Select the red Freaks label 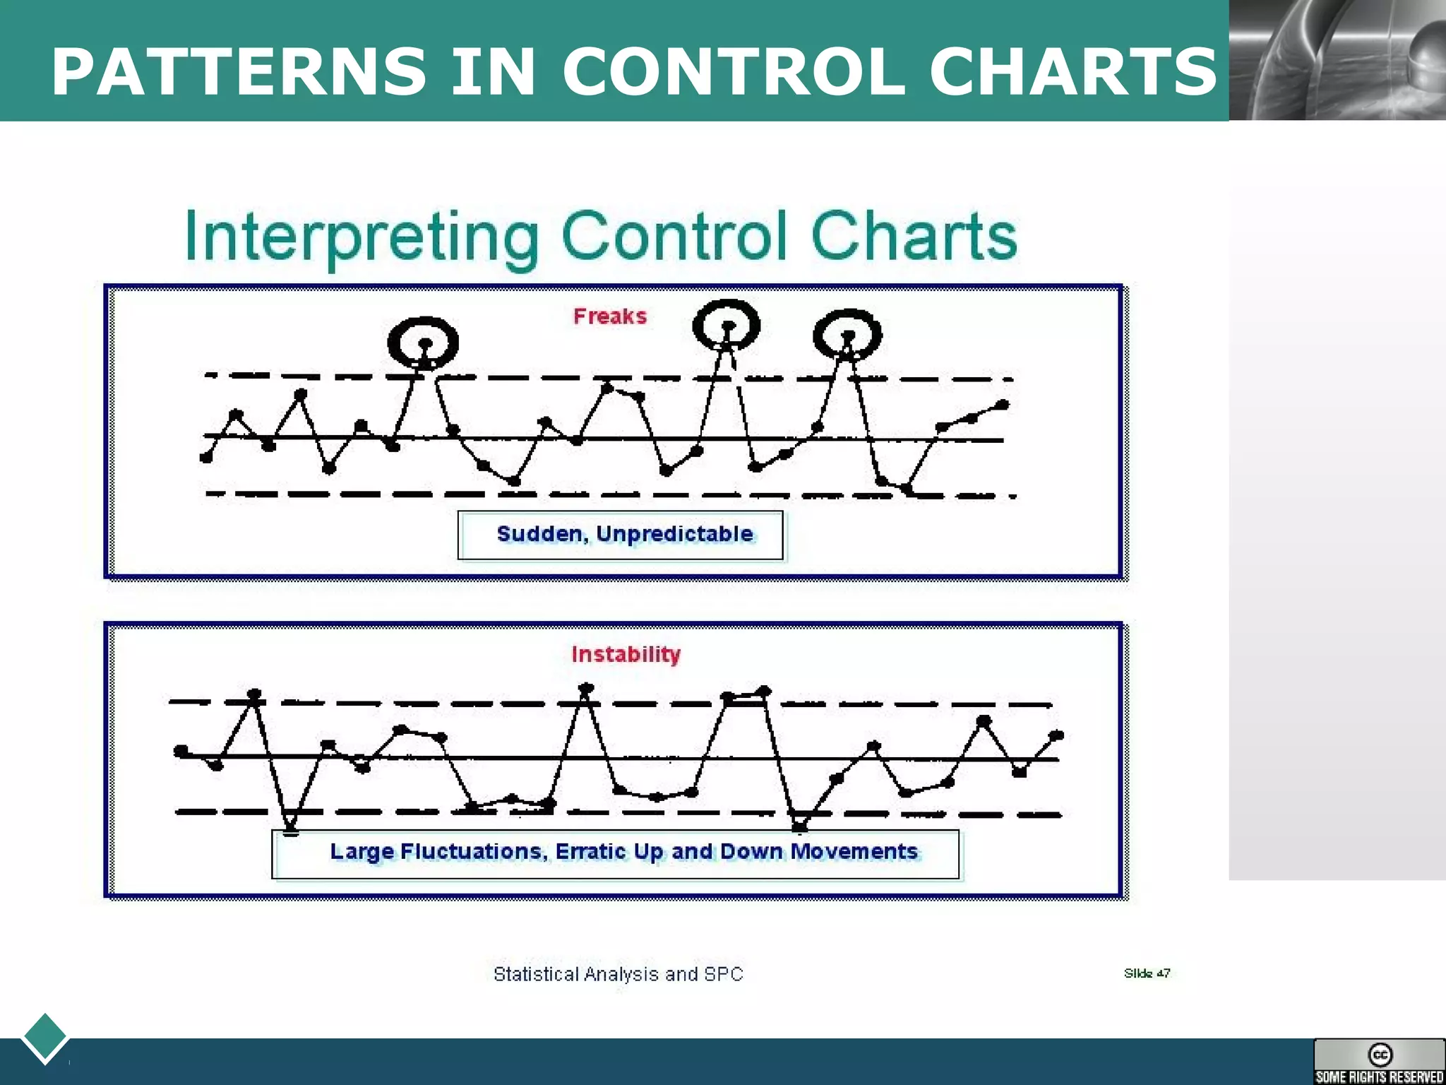click(x=610, y=316)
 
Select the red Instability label click(x=626, y=654)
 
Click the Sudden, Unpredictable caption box click(x=621, y=535)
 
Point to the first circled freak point click(x=424, y=344)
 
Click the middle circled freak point click(x=727, y=326)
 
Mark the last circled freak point click(x=848, y=336)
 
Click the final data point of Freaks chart click(x=1002, y=405)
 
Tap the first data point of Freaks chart click(x=207, y=458)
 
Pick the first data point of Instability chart click(x=181, y=751)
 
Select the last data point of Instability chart click(x=1056, y=735)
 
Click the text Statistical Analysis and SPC click(x=619, y=974)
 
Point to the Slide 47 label click(x=1147, y=973)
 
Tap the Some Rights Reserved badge click(x=1379, y=1062)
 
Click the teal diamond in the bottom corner click(x=44, y=1037)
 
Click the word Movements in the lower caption click(x=854, y=852)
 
